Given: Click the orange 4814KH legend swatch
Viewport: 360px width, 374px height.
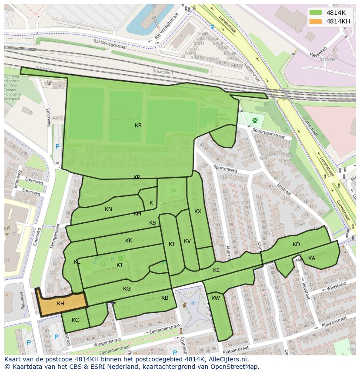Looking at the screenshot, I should click(x=316, y=21).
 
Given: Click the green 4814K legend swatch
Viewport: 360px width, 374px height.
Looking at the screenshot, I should click(x=316, y=12).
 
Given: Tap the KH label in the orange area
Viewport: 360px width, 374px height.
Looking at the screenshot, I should click(x=60, y=304).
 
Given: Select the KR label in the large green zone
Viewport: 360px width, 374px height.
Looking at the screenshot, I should click(x=138, y=126).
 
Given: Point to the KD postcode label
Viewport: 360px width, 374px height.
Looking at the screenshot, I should click(x=296, y=245).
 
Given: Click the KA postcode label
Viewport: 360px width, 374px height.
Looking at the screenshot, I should click(x=311, y=258).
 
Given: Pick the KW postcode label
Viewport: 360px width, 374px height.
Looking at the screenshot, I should click(x=216, y=298).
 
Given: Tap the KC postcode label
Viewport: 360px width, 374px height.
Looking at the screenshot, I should click(x=75, y=320).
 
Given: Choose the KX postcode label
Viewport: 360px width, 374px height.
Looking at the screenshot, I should click(x=198, y=212).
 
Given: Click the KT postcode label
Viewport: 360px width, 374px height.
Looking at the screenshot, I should click(x=172, y=244).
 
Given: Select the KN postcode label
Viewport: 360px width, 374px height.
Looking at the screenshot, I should click(x=108, y=209).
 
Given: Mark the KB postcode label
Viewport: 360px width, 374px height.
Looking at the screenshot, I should click(x=165, y=298).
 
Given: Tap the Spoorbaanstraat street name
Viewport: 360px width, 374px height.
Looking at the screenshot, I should click(x=266, y=133).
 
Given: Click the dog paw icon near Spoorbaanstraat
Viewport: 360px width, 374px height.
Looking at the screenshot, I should click(x=255, y=119).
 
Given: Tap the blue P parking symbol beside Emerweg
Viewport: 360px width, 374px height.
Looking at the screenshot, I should click(x=57, y=147).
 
